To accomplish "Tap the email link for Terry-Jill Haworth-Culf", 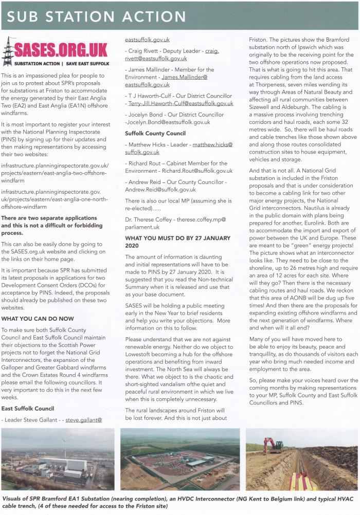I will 181,103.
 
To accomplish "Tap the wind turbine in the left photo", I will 65,447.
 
